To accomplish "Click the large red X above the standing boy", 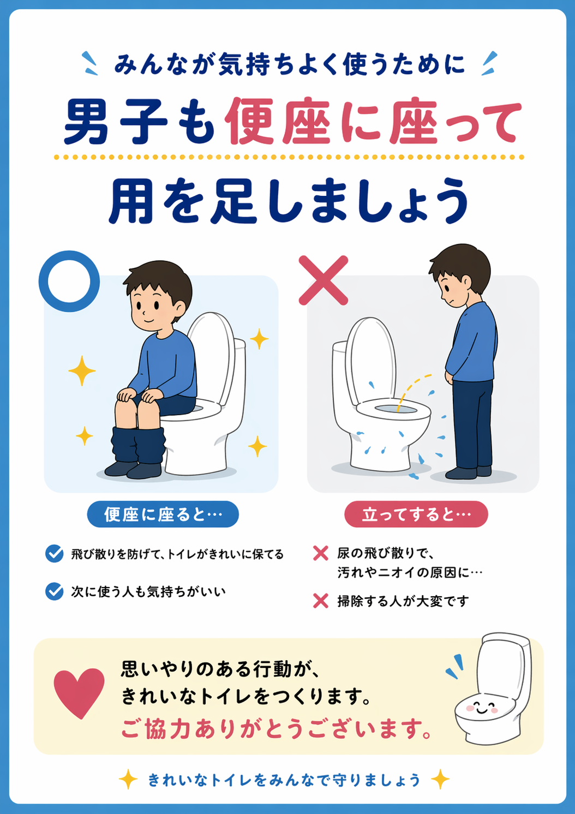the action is click(323, 280).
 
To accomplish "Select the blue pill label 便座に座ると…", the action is click(163, 514).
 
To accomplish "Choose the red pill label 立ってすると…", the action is click(416, 514).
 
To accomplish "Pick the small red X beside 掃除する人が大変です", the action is click(321, 601).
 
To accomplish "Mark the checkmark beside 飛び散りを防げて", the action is click(54, 554).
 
